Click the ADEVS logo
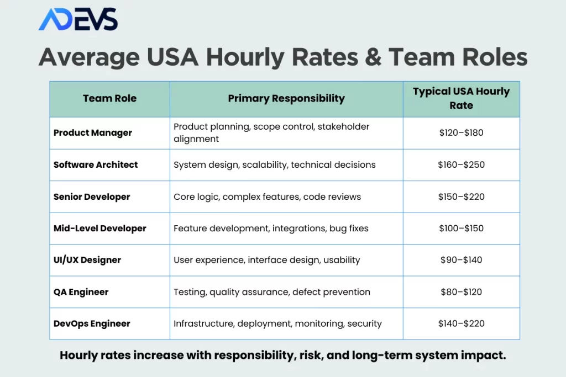pos(78,19)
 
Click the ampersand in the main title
pos(373,57)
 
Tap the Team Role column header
pos(110,98)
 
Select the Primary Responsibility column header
pos(286,98)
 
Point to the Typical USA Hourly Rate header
pos(462,98)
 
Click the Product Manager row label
pos(93,132)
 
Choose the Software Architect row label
pos(96,164)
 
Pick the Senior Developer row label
pos(92,197)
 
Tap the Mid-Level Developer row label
pos(100,229)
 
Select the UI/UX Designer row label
pos(87,260)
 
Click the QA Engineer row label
pos(81,292)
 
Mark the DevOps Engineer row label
pos(92,323)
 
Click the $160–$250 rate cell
pos(462,164)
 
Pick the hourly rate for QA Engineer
pos(462,292)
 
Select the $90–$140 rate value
pos(462,260)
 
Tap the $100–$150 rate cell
pos(462,229)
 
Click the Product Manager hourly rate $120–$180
pos(462,132)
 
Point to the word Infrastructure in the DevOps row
pos(205,323)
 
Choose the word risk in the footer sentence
pos(313,355)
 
